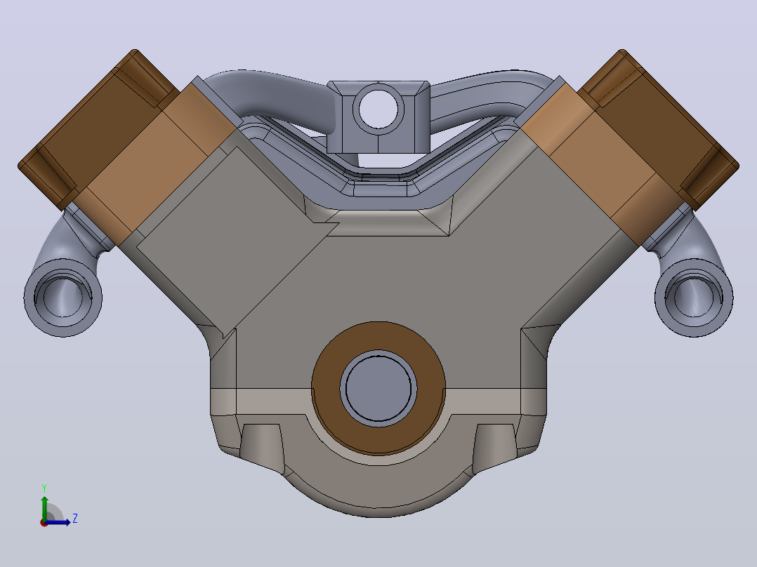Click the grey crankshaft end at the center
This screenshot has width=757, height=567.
click(x=378, y=389)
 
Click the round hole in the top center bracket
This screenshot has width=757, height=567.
click(x=378, y=109)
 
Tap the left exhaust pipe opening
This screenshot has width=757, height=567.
click(x=62, y=297)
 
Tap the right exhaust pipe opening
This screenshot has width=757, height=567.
click(x=694, y=297)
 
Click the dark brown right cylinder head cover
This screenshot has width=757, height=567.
click(x=659, y=131)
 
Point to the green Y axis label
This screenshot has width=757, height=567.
click(x=44, y=488)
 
